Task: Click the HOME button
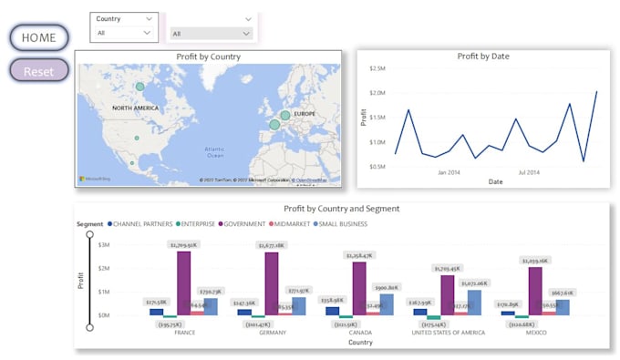(x=39, y=38)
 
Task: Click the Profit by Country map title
(x=208, y=57)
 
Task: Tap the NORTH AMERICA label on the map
(x=136, y=108)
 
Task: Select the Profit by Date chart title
(x=482, y=57)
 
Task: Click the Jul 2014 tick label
(x=530, y=171)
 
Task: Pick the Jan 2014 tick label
(x=448, y=171)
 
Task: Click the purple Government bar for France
(x=183, y=283)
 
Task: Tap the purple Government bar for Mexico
(x=534, y=291)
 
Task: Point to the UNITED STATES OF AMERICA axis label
(x=447, y=332)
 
